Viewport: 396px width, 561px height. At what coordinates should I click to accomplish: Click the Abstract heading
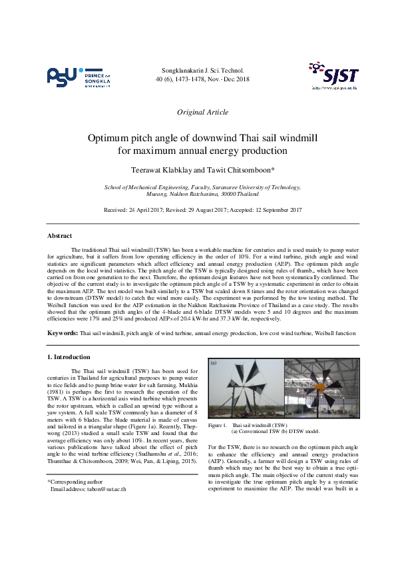click(x=60, y=236)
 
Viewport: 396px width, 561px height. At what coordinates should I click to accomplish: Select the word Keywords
click(x=62, y=332)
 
